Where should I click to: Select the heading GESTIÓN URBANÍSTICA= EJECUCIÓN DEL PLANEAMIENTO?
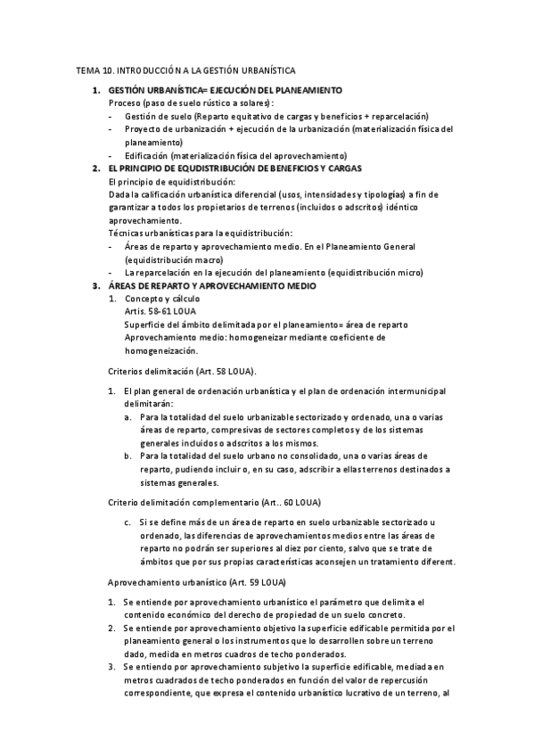coord(225,91)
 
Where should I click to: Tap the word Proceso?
coord(123,103)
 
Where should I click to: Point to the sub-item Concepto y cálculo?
coord(161,298)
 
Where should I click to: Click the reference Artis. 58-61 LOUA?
coord(160,311)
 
